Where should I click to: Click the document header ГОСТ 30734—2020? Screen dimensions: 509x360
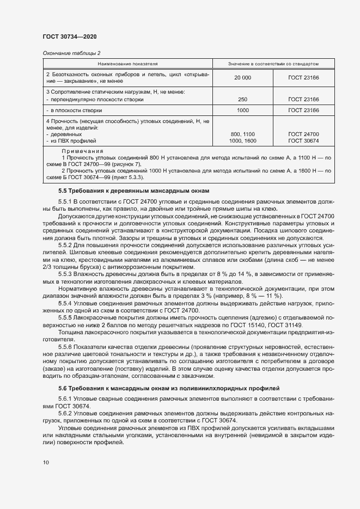point(69,36)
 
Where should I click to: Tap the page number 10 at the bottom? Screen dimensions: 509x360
point(45,462)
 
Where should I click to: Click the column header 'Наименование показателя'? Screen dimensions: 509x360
point(127,64)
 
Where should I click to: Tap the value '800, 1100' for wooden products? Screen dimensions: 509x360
point(242,134)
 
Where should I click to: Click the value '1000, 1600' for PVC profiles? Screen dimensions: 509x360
point(242,140)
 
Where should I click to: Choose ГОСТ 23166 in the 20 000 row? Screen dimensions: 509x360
point(303,78)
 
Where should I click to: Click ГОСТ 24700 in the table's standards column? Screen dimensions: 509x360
point(303,134)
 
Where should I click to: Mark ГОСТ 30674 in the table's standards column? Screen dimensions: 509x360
point(303,140)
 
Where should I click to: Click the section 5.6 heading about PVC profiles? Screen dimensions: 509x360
point(169,388)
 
